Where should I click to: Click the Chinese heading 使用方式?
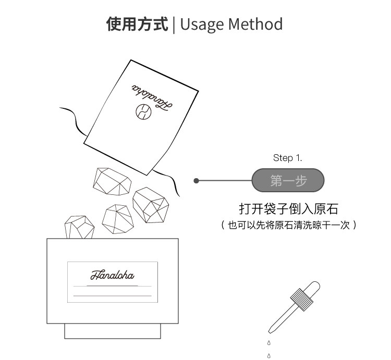click(x=138, y=24)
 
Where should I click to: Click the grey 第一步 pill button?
click(x=288, y=181)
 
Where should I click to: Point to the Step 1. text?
click(x=287, y=157)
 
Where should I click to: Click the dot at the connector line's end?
click(x=196, y=181)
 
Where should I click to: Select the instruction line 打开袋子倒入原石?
click(x=288, y=209)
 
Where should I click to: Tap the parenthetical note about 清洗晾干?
click(x=288, y=225)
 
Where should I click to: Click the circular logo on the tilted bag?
click(x=142, y=111)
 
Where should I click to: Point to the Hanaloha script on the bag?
click(x=151, y=97)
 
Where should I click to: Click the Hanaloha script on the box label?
click(x=112, y=275)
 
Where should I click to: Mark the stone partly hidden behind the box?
click(x=79, y=227)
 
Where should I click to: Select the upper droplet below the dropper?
click(x=269, y=342)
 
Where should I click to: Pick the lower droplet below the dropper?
click(x=269, y=356)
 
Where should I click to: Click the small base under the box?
click(x=112, y=331)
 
